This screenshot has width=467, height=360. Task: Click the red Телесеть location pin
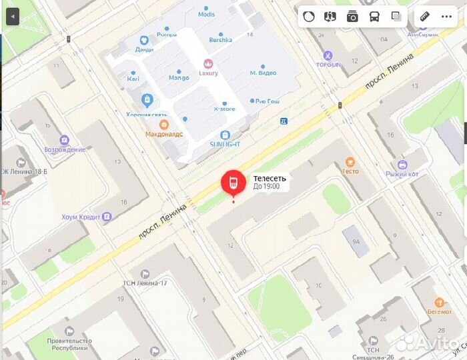[233, 183]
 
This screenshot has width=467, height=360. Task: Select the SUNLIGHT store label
[225, 143]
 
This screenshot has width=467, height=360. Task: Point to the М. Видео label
[263, 72]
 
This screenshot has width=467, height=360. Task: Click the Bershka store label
[220, 39]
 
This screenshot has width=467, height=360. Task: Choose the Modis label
[207, 14]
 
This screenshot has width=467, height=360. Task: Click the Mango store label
[178, 77]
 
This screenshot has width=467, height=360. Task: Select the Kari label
[133, 78]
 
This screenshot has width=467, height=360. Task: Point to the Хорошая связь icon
[147, 100]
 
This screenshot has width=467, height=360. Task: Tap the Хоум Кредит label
[81, 217]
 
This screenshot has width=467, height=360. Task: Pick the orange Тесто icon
[350, 161]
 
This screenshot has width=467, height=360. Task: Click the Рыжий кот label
[402, 174]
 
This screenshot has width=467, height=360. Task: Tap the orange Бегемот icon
[439, 302]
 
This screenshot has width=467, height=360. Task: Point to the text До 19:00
[266, 187]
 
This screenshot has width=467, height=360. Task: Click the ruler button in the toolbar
[424, 17]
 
